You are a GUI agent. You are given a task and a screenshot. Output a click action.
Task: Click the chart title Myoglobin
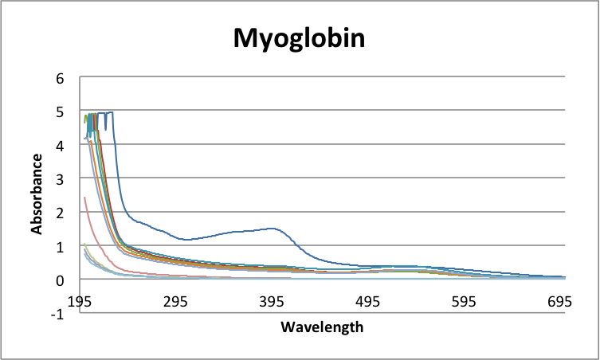[299, 37]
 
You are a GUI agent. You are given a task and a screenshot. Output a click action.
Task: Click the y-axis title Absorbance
[37, 194]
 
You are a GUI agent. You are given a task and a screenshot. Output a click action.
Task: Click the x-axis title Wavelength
[322, 327]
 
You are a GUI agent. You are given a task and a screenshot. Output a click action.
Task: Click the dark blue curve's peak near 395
[273, 229]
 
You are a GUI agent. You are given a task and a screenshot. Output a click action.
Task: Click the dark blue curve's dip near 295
[186, 240]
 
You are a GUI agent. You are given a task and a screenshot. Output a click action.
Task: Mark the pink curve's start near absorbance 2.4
[84, 198]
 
